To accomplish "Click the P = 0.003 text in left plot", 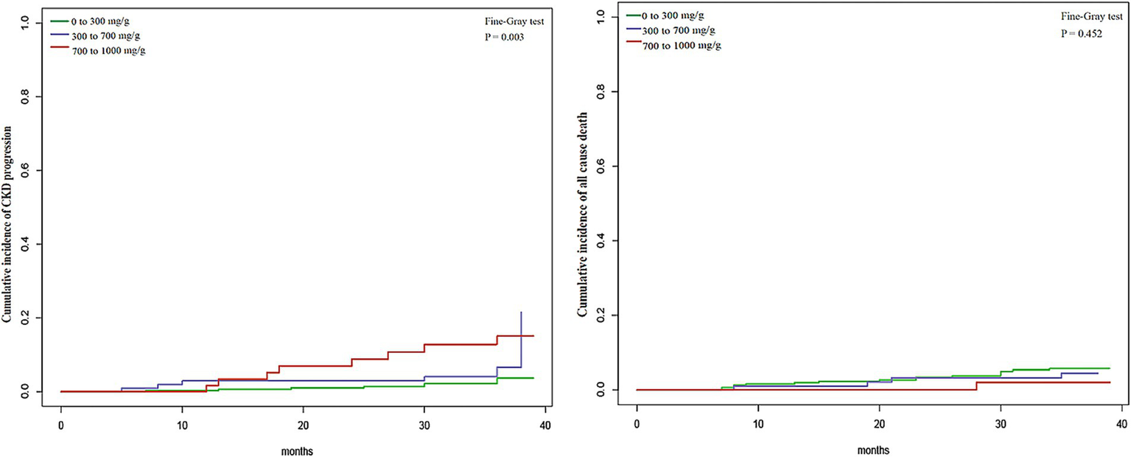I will pos(500,37).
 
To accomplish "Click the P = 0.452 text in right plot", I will pos(1076,35).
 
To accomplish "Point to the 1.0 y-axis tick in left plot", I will pos(28,24).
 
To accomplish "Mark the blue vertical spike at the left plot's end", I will pos(522,339).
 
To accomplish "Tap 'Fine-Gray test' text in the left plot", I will pos(500,21).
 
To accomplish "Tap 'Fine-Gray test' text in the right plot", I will pos(1076,17).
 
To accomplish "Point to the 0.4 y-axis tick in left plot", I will pos(28,245).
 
